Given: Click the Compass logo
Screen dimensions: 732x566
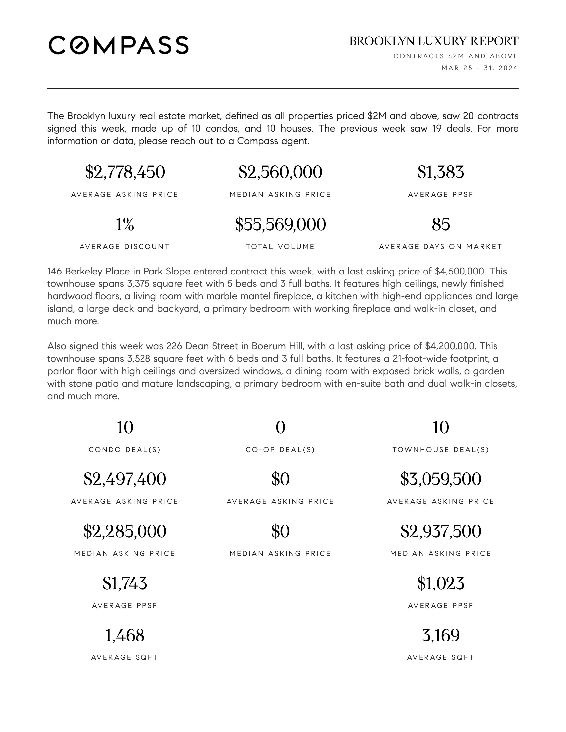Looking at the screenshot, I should point(119,45).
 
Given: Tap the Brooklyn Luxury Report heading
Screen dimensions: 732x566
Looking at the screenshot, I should point(433,41).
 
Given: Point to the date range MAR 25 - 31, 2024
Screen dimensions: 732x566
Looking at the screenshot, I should point(479,68).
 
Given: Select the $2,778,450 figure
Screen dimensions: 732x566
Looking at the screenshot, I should point(125,172).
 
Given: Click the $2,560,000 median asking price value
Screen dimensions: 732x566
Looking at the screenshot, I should point(280,172).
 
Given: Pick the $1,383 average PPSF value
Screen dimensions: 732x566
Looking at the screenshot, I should point(440,172).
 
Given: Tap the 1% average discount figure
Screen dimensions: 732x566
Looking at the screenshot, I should point(125,224).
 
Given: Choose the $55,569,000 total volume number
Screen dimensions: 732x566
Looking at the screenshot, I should point(280,224).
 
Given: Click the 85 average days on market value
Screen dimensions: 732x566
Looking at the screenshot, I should point(440,224).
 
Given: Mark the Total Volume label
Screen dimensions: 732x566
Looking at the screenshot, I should point(280,247).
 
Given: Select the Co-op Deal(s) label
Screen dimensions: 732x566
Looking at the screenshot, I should point(280,450).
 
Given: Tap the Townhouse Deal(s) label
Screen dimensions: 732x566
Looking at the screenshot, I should point(440,450).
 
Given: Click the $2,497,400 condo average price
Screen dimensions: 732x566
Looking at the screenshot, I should point(125,479).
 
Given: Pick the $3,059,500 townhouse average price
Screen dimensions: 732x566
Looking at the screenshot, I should point(440,479).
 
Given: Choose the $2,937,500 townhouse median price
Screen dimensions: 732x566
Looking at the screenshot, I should point(440,531).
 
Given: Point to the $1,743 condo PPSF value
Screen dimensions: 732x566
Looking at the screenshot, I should point(125,583).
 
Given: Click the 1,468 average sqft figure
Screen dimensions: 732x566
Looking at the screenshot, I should point(125,635).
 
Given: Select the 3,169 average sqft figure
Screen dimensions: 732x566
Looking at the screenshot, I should point(440,635).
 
